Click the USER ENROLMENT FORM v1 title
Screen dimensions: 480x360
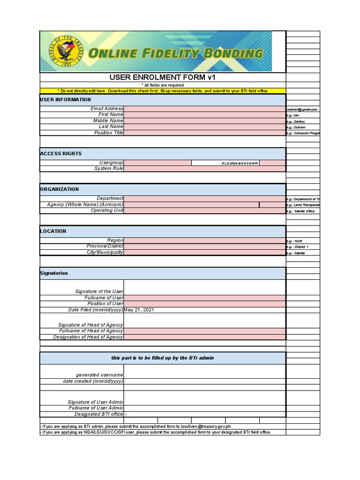click(x=163, y=77)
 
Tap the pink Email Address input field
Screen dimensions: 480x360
click(x=204, y=109)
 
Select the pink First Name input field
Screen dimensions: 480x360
click(x=204, y=115)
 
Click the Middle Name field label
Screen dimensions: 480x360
click(x=108, y=121)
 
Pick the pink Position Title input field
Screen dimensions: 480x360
click(x=204, y=133)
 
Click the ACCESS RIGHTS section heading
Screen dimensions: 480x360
click(x=61, y=154)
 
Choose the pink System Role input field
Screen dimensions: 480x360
click(x=204, y=169)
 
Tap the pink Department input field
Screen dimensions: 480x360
click(x=204, y=199)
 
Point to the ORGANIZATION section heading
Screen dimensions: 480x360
click(x=60, y=189)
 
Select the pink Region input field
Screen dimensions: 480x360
click(x=204, y=240)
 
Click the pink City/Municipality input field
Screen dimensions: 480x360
click(x=204, y=253)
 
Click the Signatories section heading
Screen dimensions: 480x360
click(x=54, y=273)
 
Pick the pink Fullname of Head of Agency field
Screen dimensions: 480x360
click(x=204, y=331)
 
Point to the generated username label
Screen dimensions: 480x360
click(x=99, y=375)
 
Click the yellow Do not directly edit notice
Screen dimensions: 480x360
click(x=163, y=91)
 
